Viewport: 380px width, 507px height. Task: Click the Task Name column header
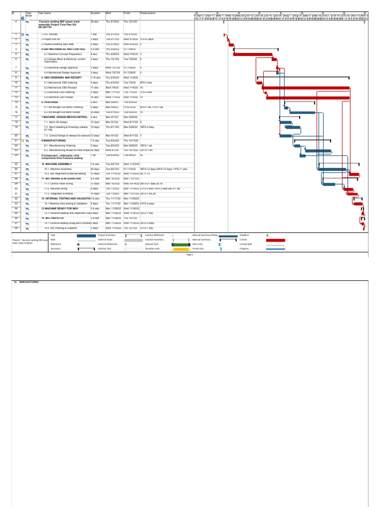pyautogui.click(x=47, y=13)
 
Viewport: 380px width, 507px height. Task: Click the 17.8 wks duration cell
pyautogui.click(x=96, y=78)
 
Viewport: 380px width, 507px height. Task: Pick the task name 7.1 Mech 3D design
pyautogui.click(x=56, y=121)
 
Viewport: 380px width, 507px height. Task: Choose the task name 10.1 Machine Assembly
pyautogui.click(x=58, y=169)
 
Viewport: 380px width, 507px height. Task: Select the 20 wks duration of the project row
pyautogui.click(x=95, y=22)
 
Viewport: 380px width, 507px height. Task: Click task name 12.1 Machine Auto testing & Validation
pyautogui.click(x=66, y=203)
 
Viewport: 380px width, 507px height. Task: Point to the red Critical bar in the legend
pyautogui.click(x=276, y=240)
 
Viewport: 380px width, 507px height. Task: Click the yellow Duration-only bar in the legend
pyautogui.click(x=181, y=249)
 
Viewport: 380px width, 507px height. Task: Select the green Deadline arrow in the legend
pyautogui.click(x=268, y=235)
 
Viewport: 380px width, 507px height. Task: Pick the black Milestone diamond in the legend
pyautogui.click(x=78, y=245)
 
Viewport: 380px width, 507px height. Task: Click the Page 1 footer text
pyautogui.click(x=189, y=254)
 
